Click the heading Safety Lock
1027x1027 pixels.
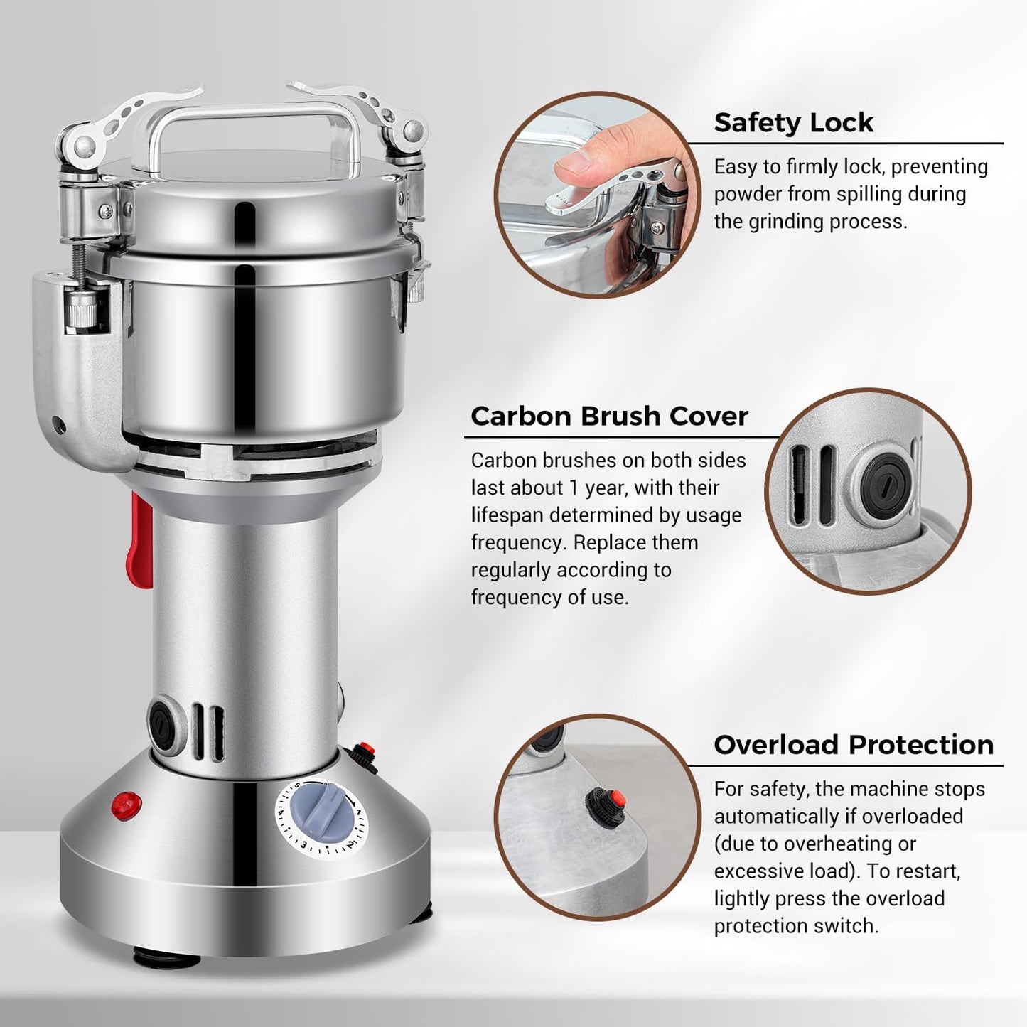(792, 122)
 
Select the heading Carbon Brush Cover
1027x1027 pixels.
(609, 416)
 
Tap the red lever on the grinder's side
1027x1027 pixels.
(141, 541)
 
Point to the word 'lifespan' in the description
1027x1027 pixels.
(506, 515)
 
